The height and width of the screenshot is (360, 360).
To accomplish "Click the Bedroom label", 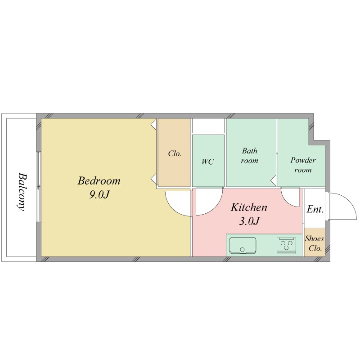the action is tap(99, 181).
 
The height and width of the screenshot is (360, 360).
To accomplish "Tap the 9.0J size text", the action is tap(99, 195).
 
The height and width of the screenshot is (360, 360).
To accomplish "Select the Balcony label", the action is tap(22, 192).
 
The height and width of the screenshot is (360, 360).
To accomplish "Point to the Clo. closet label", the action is tap(175, 153).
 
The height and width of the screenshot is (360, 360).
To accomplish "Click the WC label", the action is tap(207, 162).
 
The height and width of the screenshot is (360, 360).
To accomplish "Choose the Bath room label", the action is tap(250, 156).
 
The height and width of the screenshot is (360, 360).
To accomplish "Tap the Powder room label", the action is tap(303, 165).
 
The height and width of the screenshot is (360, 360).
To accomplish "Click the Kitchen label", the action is tap(249, 207).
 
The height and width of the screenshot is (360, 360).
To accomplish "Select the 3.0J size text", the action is tap(249, 221).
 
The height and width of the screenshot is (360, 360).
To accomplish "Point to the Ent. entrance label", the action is tap(315, 209).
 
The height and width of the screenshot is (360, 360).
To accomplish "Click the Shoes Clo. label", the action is tap(315, 243).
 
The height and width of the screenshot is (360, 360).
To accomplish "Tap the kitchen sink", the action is tap(243, 245).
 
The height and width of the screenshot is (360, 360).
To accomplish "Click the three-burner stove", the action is tap(286, 246).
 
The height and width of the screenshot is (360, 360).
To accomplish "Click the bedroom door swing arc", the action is tap(172, 208).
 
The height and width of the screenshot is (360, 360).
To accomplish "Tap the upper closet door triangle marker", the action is tap(153, 124).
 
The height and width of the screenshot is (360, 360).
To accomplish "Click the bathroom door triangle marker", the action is tap(274, 180).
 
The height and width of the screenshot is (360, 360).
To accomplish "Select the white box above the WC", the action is tap(208, 126).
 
